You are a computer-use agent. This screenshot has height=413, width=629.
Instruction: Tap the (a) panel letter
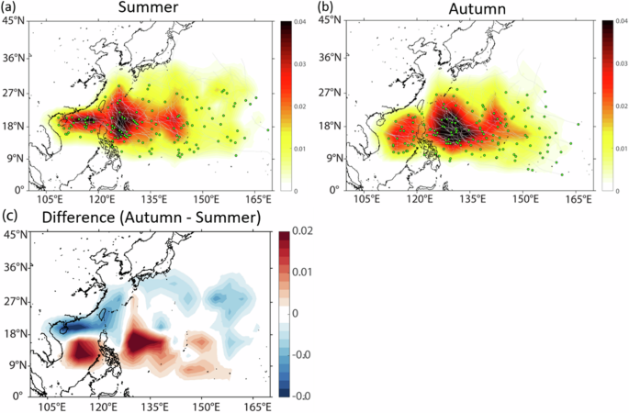point(10,8)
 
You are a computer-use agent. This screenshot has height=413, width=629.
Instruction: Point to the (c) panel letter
point(10,218)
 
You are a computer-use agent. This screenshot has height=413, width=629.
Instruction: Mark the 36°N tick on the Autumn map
point(331,60)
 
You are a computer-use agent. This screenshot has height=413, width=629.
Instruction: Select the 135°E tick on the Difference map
point(154,407)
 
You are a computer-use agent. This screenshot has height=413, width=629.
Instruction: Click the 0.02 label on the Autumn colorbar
point(611,106)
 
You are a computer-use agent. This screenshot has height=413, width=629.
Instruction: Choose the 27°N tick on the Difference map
point(15,300)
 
